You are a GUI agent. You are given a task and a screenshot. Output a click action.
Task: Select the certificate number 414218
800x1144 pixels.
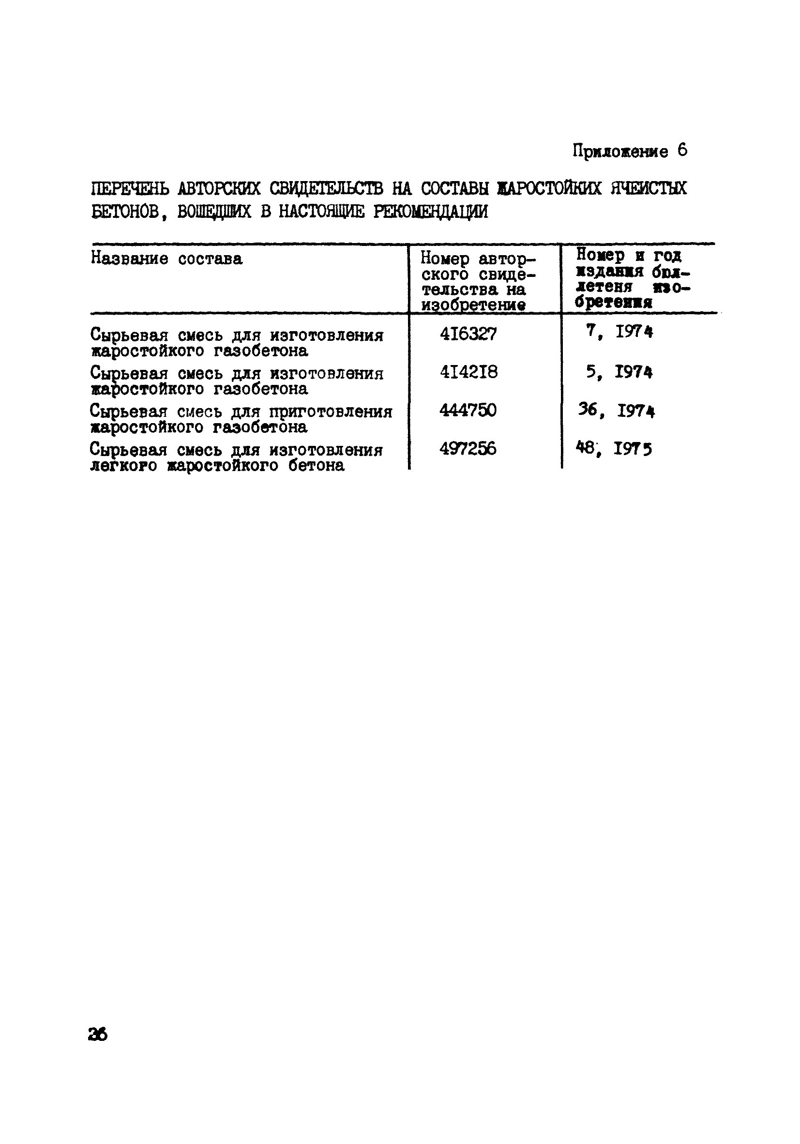click(468, 372)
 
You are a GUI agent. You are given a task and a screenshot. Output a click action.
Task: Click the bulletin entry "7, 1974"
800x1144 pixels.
click(619, 332)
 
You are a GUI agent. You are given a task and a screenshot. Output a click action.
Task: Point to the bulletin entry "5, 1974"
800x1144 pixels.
click(619, 372)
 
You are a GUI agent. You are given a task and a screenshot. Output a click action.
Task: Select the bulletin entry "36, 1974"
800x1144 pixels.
click(616, 411)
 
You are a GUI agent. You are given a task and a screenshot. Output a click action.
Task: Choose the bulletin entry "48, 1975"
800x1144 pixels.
click(614, 449)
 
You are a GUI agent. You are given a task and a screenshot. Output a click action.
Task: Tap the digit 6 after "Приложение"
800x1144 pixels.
click(682, 150)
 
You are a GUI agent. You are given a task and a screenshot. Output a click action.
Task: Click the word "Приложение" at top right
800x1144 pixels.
click(620, 151)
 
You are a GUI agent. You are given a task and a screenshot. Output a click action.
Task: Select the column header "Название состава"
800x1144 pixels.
click(166, 259)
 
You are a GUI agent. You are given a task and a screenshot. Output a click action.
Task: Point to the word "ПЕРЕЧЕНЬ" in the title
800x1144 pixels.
click(131, 188)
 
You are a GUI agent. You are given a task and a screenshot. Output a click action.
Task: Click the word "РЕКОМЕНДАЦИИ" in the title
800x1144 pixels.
click(430, 212)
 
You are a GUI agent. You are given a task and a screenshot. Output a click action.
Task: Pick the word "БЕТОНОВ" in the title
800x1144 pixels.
click(125, 212)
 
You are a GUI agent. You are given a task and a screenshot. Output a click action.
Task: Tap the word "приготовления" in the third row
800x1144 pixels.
click(331, 412)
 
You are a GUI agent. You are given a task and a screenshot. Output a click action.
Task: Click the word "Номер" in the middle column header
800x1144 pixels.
click(445, 259)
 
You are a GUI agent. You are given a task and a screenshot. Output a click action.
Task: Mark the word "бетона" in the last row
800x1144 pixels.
click(316, 466)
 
